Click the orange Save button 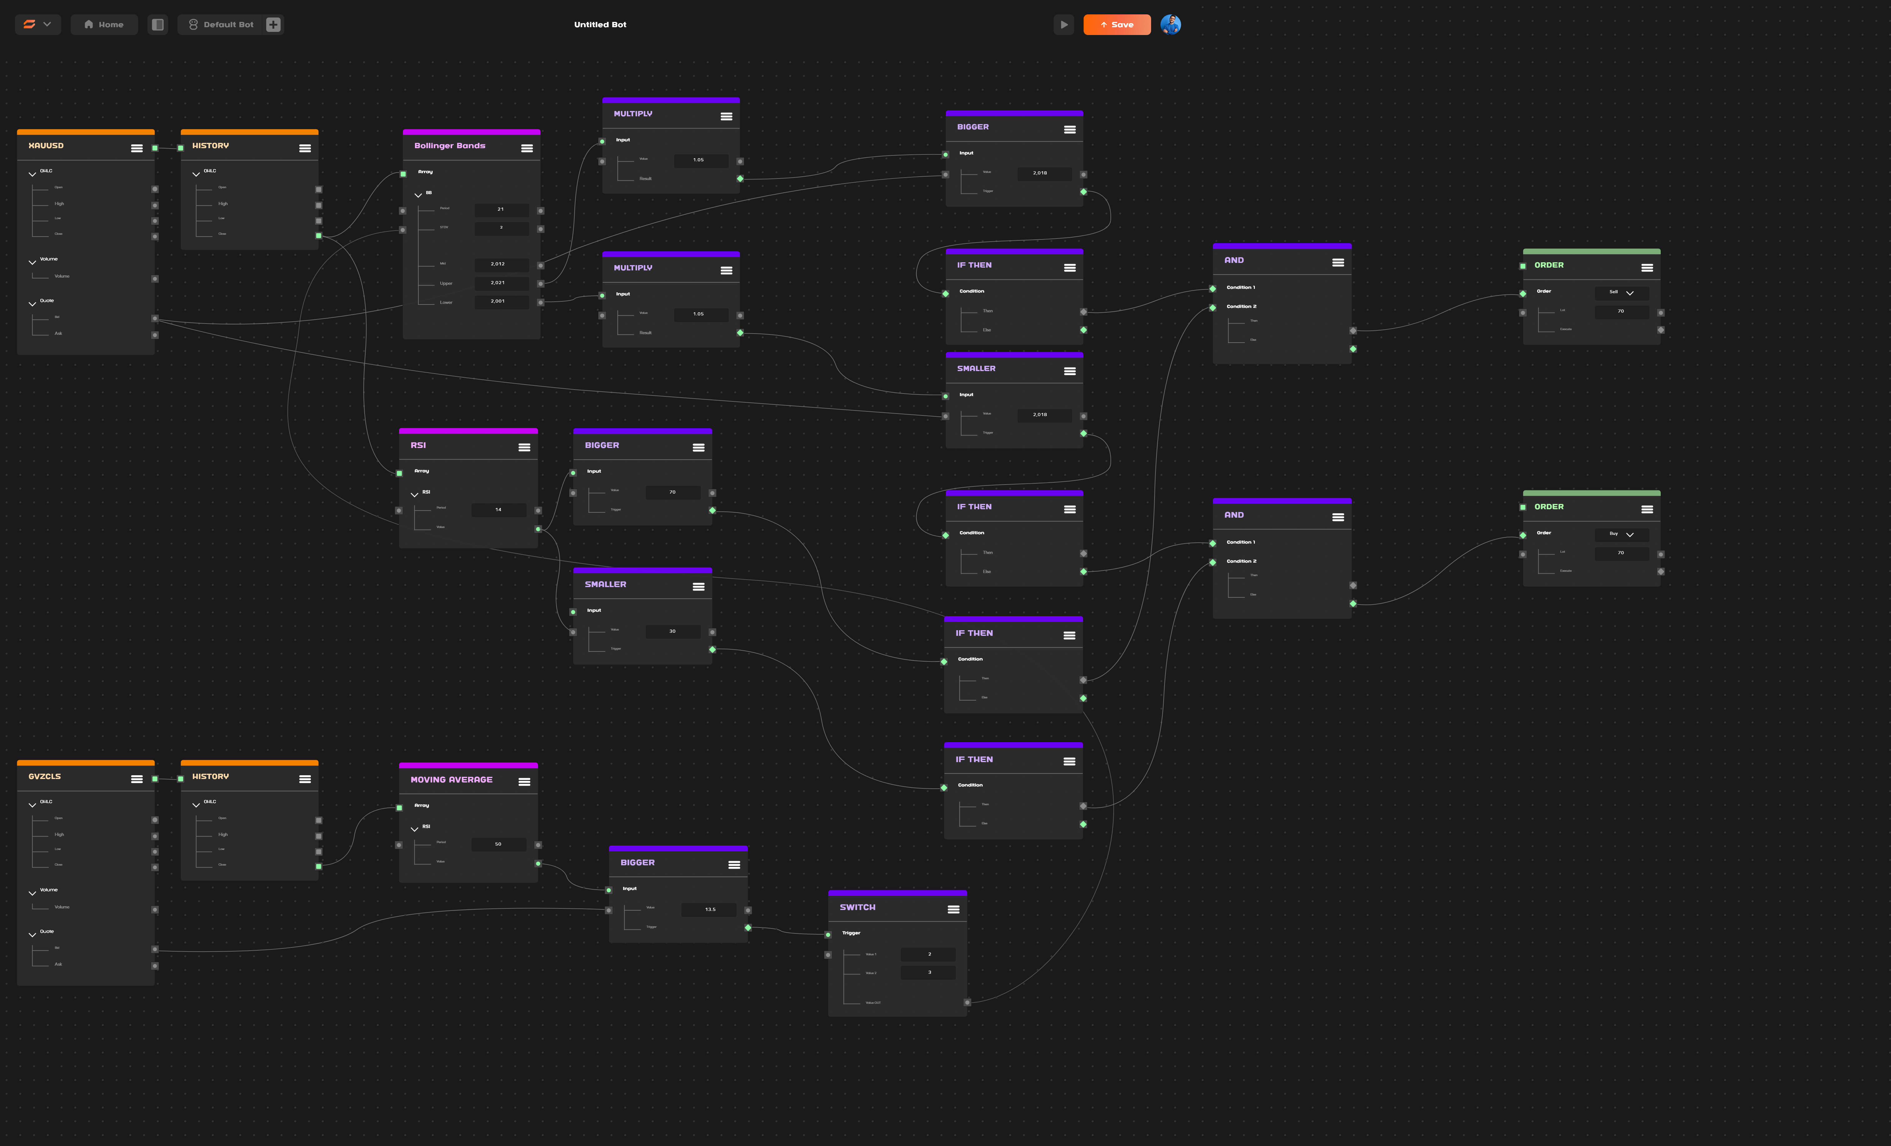point(1117,25)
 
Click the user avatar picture point(1170,25)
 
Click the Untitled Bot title point(600,25)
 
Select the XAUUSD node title point(46,146)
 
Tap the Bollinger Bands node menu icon point(526,148)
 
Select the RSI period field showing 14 point(498,510)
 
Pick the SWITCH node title point(857,907)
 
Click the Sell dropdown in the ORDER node point(1621,293)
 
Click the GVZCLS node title point(44,777)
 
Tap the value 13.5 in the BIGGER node point(710,910)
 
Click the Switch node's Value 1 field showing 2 point(929,954)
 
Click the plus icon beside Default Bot point(273,25)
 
